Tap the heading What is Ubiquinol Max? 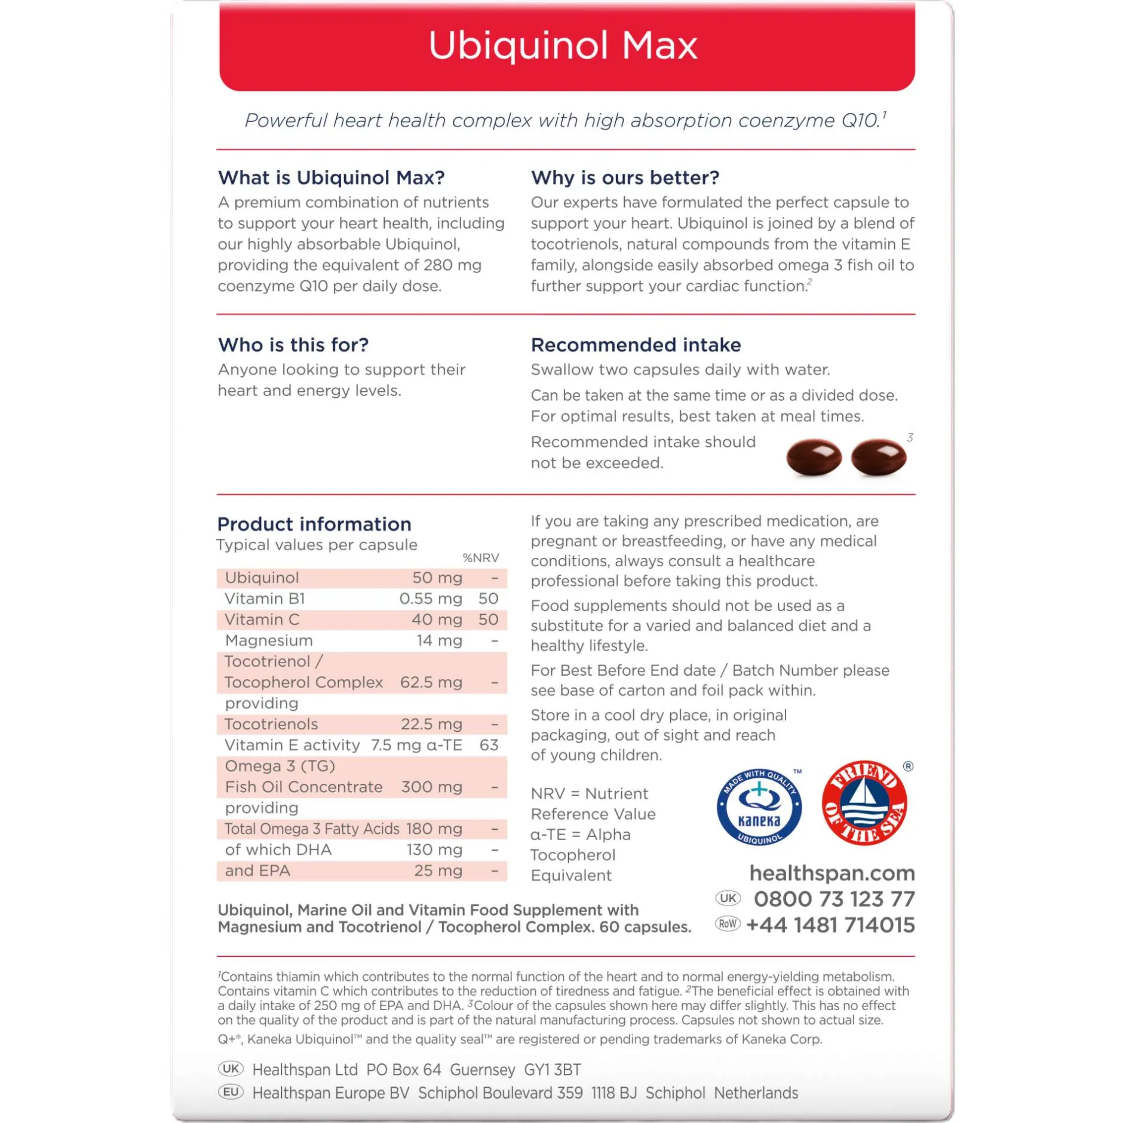click(x=332, y=177)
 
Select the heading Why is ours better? click(x=625, y=177)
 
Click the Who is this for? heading click(x=293, y=345)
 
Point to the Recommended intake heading click(x=636, y=345)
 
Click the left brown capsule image click(x=814, y=457)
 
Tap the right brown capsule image click(x=878, y=457)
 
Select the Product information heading click(x=314, y=524)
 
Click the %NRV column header click(x=481, y=558)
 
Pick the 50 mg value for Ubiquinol click(x=437, y=578)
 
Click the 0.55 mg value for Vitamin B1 click(x=431, y=599)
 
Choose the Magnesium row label click(x=269, y=640)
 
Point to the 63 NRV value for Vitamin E click(x=489, y=745)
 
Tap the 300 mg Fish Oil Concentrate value click(x=432, y=787)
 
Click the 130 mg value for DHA click(x=434, y=849)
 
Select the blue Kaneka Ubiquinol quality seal click(x=759, y=806)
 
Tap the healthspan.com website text click(x=832, y=873)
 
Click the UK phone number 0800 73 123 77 click(x=834, y=899)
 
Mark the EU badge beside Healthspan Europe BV click(x=231, y=1092)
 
